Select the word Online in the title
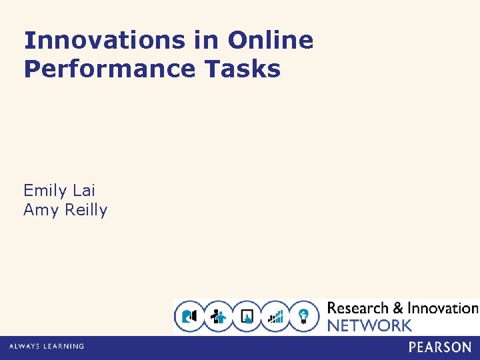(270, 41)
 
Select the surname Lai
(84, 191)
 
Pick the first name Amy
(40, 210)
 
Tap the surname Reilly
(84, 210)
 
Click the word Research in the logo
(358, 308)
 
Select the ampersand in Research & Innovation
(398, 308)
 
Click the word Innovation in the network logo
(443, 308)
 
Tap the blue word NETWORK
(369, 325)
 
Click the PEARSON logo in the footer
(440, 347)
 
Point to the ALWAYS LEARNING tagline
(47, 347)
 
